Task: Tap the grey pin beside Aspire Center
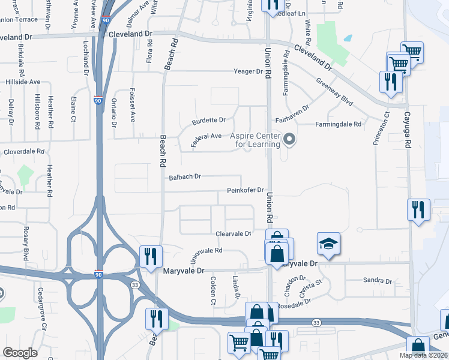(290, 140)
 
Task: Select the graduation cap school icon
(328, 243)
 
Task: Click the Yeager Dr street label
(250, 72)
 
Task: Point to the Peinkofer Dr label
(246, 191)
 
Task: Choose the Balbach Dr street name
(185, 177)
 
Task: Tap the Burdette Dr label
(208, 121)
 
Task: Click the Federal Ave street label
(205, 139)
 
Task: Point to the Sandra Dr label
(378, 281)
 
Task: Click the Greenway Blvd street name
(334, 93)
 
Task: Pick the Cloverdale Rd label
(25, 152)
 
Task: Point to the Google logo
(20, 352)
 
